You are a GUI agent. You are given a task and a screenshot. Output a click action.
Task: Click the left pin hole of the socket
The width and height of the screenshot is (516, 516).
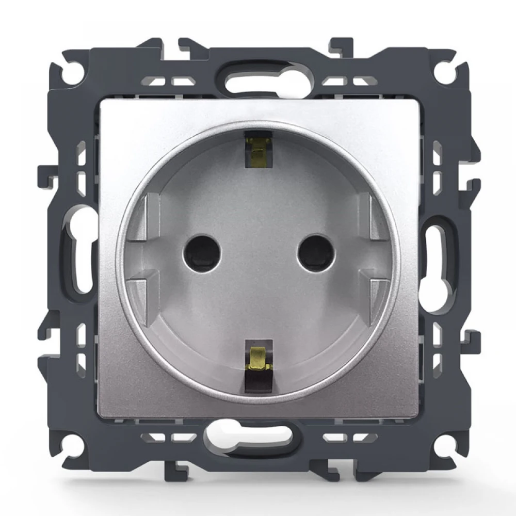[202, 253]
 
